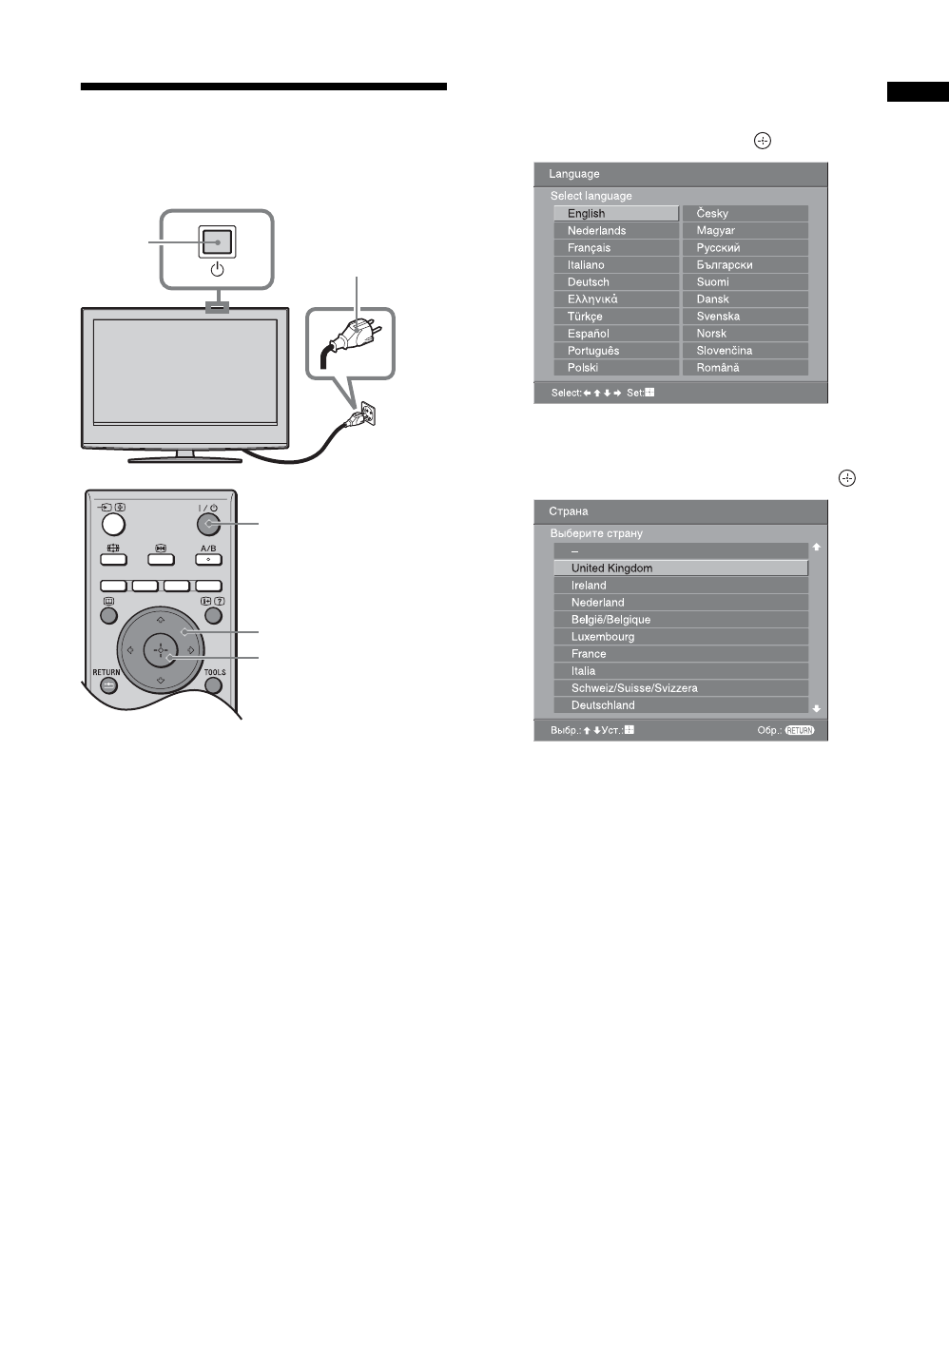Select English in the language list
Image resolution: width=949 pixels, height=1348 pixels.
pos(615,214)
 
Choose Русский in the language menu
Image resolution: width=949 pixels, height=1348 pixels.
pos(745,248)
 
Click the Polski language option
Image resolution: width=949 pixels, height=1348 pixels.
pos(615,368)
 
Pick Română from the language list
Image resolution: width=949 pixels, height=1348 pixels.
pos(745,368)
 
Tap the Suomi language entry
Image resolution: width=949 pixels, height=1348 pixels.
pos(745,282)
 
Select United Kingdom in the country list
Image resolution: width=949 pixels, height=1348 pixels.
pos(680,568)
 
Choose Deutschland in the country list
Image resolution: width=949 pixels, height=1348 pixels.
pos(680,705)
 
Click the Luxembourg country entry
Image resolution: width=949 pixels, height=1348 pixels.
pos(680,637)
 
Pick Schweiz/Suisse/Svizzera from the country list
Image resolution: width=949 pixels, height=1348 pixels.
pos(680,688)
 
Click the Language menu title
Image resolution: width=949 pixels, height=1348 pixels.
pos(574,174)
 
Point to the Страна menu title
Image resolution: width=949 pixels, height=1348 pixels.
pos(569,511)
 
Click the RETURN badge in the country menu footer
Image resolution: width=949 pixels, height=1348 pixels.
pos(800,731)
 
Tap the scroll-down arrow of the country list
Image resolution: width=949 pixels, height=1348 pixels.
pos(816,709)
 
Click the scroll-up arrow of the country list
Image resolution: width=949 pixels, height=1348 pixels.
pos(816,548)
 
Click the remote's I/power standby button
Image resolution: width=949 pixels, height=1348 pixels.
pos(208,524)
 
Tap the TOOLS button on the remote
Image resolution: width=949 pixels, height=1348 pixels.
pos(215,684)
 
